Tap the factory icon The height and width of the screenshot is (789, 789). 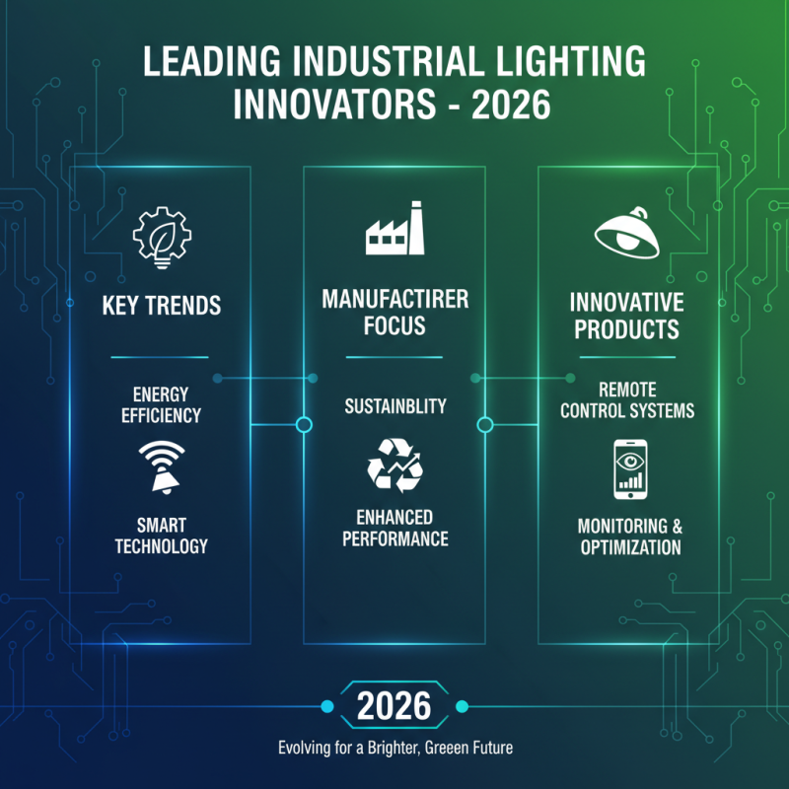394,229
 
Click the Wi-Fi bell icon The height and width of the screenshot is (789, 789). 161,465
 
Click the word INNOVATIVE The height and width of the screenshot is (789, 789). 627,300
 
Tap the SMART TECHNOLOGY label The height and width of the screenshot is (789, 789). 161,536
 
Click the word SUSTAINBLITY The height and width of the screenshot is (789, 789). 394,405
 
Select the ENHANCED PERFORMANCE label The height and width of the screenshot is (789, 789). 394,529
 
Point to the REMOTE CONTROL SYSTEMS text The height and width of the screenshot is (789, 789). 627,399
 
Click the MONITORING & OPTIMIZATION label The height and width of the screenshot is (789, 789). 628,536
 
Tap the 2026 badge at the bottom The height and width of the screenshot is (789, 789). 394,705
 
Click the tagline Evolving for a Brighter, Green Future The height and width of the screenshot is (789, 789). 394,748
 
